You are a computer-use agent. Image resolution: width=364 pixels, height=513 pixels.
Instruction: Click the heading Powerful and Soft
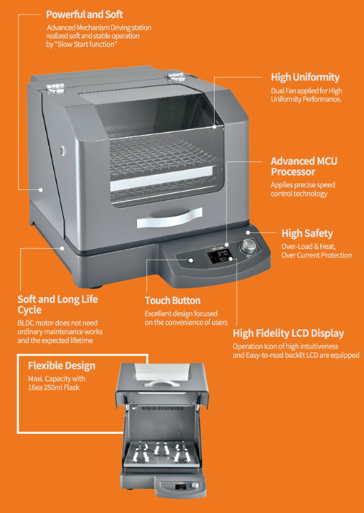pyautogui.click(x=84, y=15)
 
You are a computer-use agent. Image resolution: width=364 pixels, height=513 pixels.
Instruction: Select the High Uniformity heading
pyautogui.click(x=305, y=77)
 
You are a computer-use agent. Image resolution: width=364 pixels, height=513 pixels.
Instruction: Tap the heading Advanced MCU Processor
pyautogui.click(x=304, y=166)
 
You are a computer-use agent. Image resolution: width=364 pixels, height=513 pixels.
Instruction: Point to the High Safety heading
pyautogui.click(x=307, y=234)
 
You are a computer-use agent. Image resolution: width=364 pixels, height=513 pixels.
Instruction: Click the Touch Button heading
pyautogui.click(x=172, y=300)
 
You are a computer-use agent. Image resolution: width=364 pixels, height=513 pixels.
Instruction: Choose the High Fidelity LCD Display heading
pyautogui.click(x=288, y=333)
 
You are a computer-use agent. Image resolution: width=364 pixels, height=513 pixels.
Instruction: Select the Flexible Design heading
pyautogui.click(x=61, y=365)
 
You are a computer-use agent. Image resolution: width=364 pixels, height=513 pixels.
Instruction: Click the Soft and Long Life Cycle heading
pyautogui.click(x=58, y=304)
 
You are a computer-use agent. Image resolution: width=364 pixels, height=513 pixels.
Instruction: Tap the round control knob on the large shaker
pyautogui.click(x=248, y=246)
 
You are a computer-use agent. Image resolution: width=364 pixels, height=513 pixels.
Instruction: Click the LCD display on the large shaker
pyautogui.click(x=219, y=256)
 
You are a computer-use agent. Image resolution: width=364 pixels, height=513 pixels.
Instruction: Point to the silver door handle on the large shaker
pyautogui.click(x=170, y=218)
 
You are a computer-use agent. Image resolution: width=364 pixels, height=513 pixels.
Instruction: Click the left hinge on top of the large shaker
pyautogui.click(x=55, y=87)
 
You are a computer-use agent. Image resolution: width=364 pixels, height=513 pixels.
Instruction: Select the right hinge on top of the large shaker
pyautogui.click(x=176, y=77)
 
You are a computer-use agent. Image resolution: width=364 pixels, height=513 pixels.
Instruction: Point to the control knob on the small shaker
pyautogui.click(x=195, y=485)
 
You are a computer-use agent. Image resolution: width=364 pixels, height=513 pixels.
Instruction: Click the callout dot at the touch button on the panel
pyautogui.click(x=191, y=260)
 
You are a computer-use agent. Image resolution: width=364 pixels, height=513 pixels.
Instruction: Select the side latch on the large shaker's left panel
pyautogui.click(x=62, y=151)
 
